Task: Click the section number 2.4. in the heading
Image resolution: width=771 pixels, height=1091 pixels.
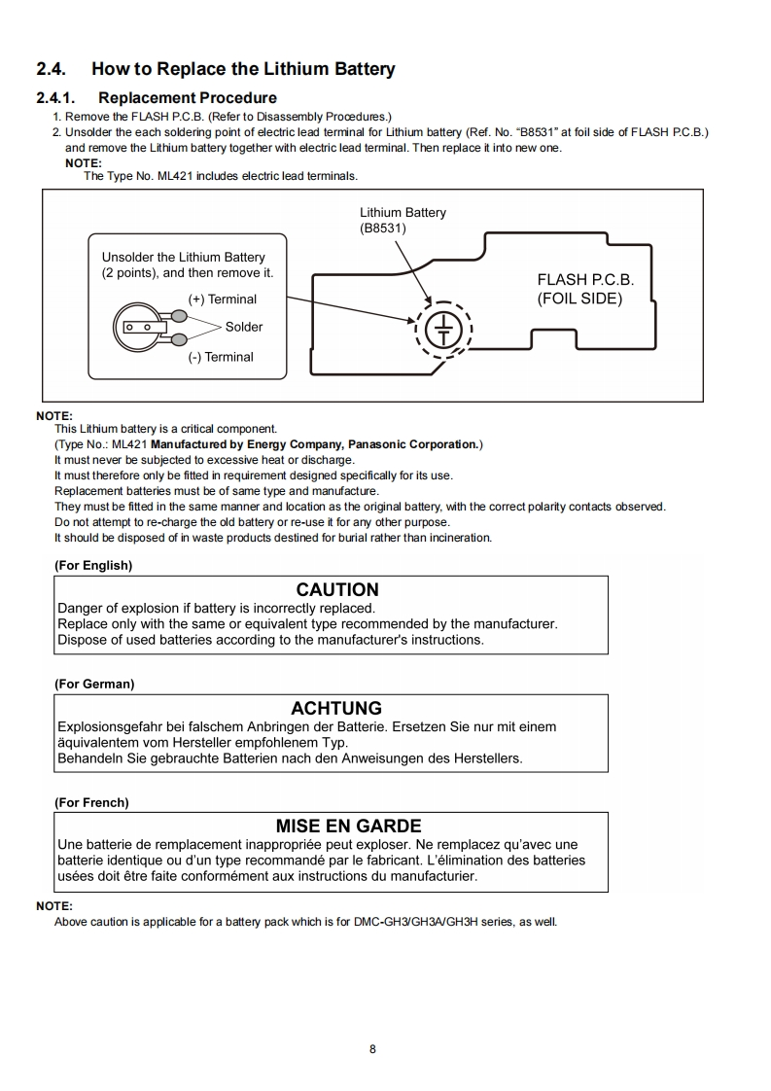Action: click(x=53, y=69)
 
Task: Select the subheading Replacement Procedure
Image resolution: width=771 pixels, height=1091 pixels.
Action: click(x=187, y=98)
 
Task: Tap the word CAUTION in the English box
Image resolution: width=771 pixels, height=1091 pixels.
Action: click(x=337, y=589)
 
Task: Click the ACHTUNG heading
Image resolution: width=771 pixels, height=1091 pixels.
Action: click(x=336, y=708)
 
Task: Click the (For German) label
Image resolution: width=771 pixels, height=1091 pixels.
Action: click(x=94, y=684)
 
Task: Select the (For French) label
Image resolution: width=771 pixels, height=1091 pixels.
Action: click(x=91, y=802)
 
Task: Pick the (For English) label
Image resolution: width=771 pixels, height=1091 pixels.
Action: click(x=93, y=565)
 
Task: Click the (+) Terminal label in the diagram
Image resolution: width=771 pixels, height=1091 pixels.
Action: click(x=223, y=299)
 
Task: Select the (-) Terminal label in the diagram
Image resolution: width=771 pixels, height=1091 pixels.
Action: click(x=221, y=357)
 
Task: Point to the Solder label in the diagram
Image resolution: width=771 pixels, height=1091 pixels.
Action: click(x=244, y=327)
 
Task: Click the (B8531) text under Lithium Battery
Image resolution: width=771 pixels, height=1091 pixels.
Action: click(x=383, y=229)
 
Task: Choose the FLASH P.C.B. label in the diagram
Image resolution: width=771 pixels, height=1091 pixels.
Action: click(x=585, y=279)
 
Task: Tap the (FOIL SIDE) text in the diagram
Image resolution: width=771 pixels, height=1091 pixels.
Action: click(x=579, y=299)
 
